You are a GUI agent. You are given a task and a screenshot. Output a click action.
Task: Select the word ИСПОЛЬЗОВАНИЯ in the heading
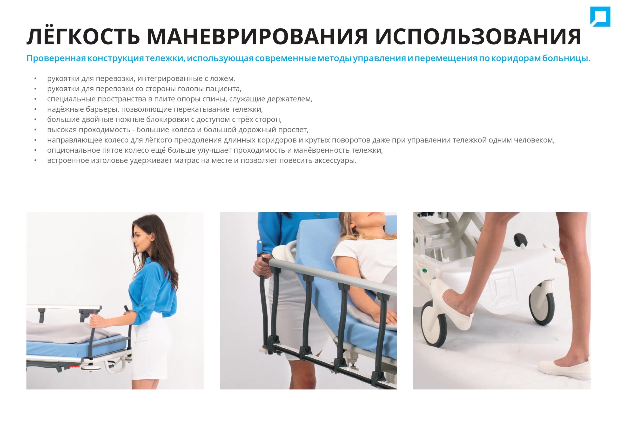click(x=478, y=37)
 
